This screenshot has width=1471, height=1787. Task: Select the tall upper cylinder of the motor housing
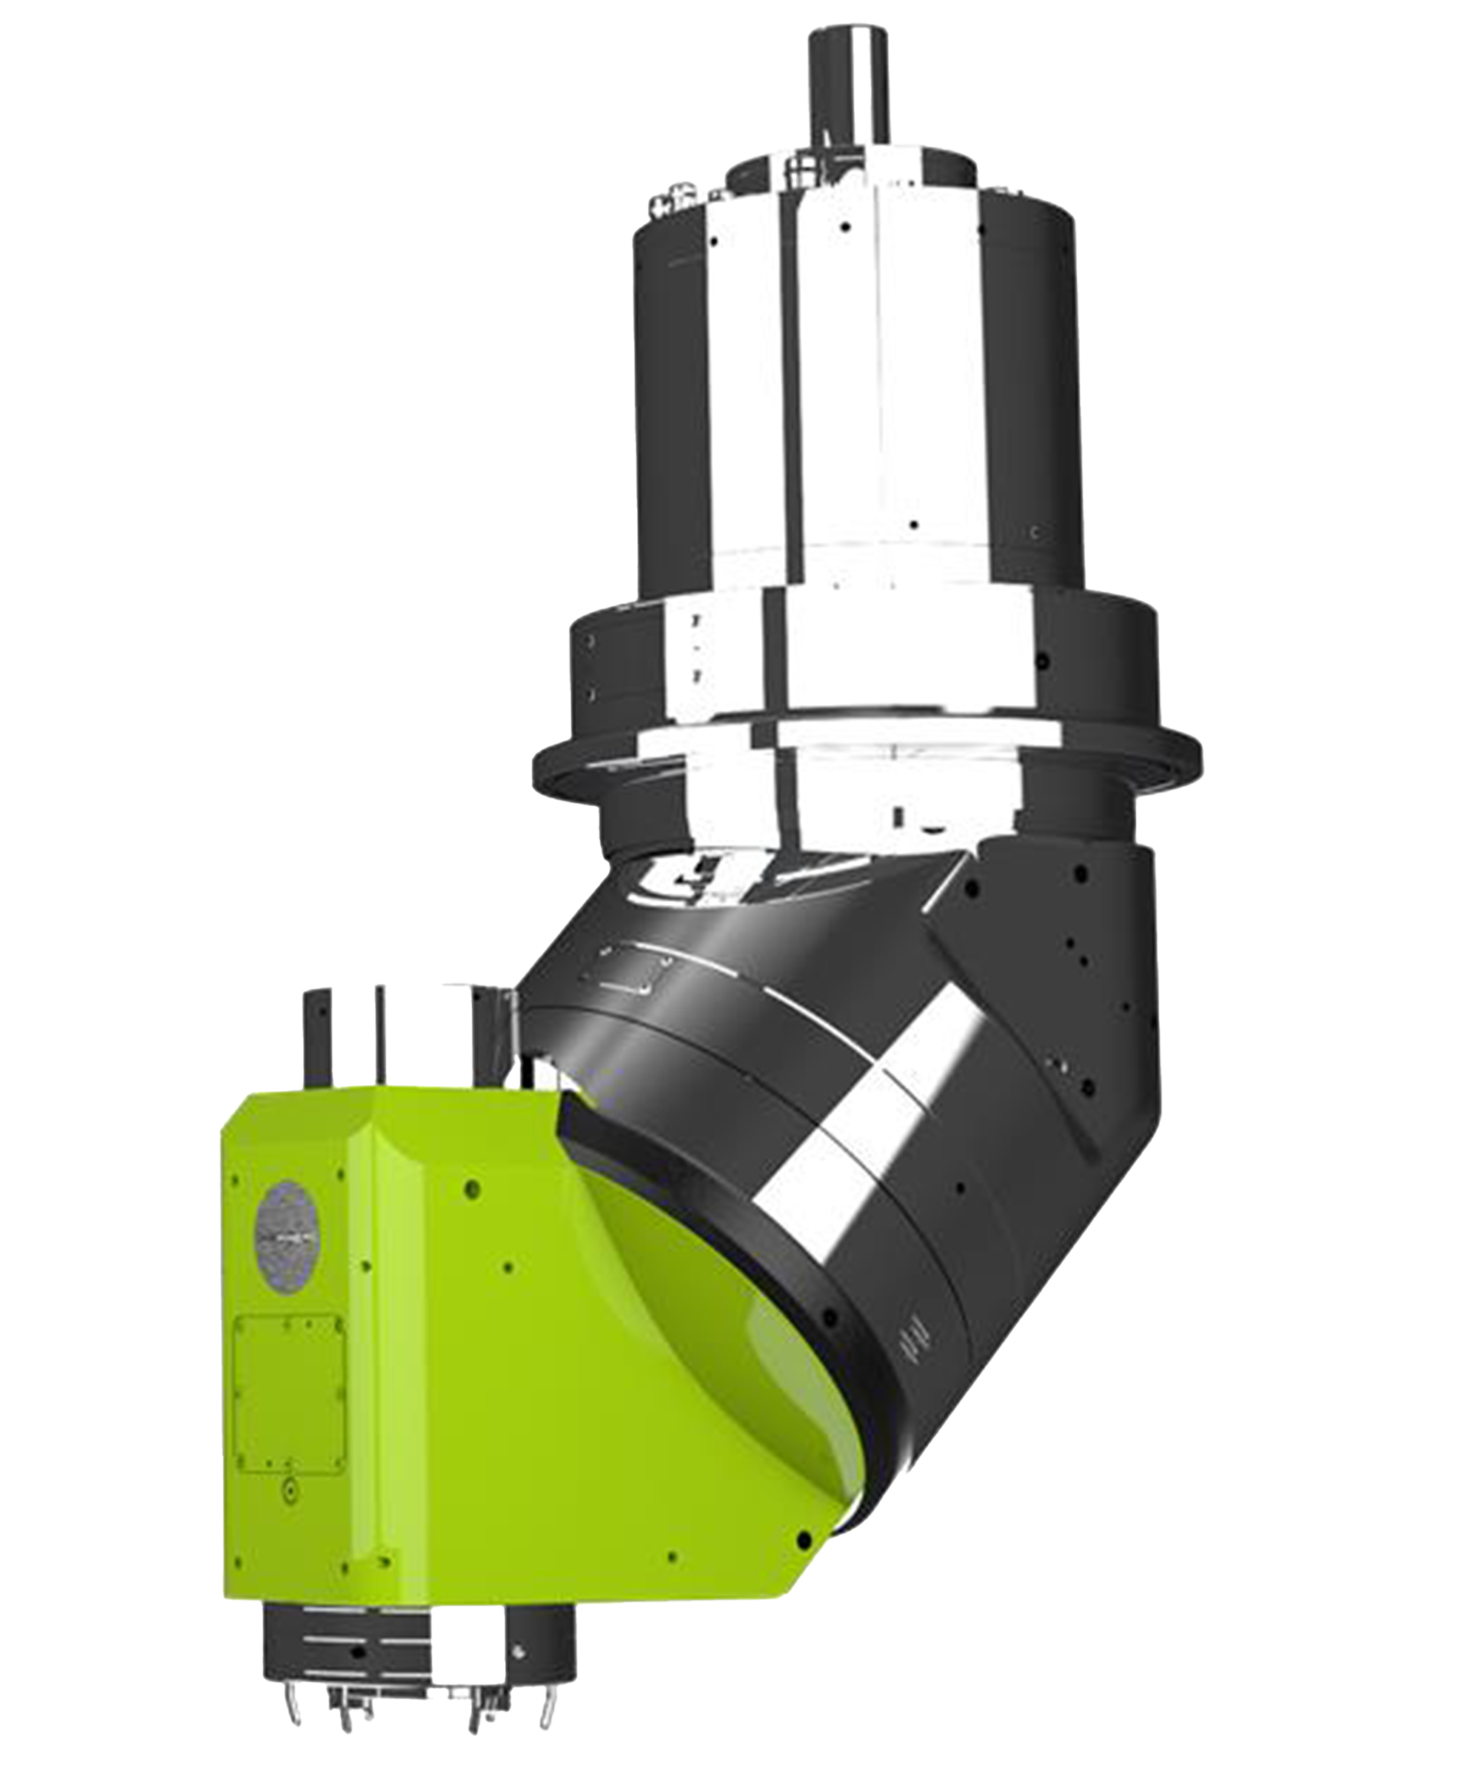(847, 382)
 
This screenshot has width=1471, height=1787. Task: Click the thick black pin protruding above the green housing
(314, 1034)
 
